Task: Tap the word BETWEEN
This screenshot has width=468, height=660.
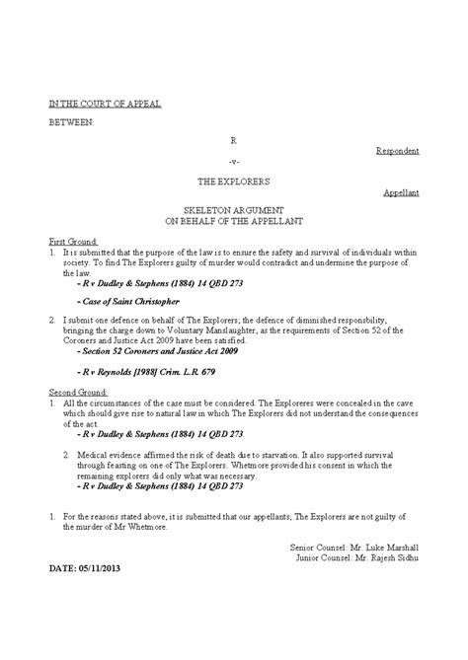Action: coord(72,122)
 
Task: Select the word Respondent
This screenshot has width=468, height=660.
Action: coord(398,151)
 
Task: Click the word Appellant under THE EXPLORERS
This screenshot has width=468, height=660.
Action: coord(401,193)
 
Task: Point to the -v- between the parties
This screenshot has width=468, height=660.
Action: coord(234,162)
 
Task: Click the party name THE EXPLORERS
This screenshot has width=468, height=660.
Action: coord(234,183)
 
